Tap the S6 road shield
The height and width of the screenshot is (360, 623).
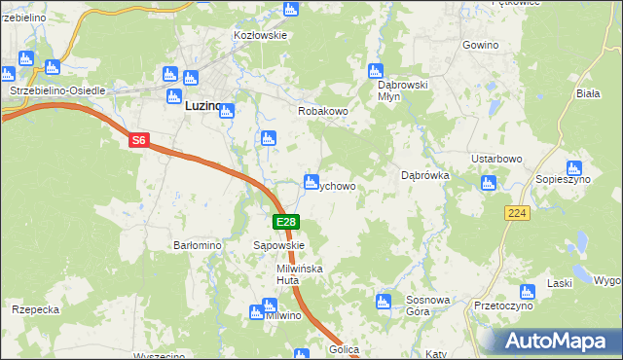(138, 141)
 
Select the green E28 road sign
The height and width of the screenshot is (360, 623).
(284, 223)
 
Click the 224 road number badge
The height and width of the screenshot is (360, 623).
(517, 213)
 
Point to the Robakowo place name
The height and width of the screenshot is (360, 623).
(322, 111)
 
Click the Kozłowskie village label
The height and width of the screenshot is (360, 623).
(260, 35)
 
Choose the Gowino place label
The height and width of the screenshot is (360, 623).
(481, 46)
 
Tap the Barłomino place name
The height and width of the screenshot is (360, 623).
(199, 246)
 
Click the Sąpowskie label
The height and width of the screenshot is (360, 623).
(279, 246)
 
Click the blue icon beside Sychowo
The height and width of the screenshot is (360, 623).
(311, 181)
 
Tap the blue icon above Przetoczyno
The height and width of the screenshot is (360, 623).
(527, 291)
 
